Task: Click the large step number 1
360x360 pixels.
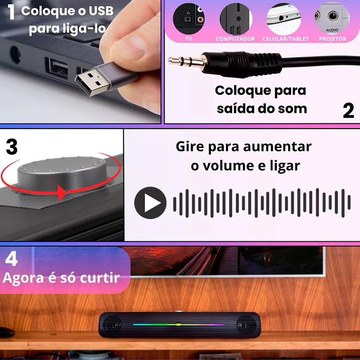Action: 11,12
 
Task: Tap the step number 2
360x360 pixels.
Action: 348,110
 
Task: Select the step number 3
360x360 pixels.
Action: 12,147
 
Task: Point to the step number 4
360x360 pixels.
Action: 12,259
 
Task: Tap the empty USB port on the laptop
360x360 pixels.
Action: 58,68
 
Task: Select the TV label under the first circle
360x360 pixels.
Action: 189,39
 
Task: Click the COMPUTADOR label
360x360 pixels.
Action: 235,39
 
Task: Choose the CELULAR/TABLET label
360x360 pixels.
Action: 286,39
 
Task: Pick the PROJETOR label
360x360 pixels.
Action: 333,39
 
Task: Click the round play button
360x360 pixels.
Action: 150,203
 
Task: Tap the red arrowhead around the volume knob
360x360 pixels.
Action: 62,193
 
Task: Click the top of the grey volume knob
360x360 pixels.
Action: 63,165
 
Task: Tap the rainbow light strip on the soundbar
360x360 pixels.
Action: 179,324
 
